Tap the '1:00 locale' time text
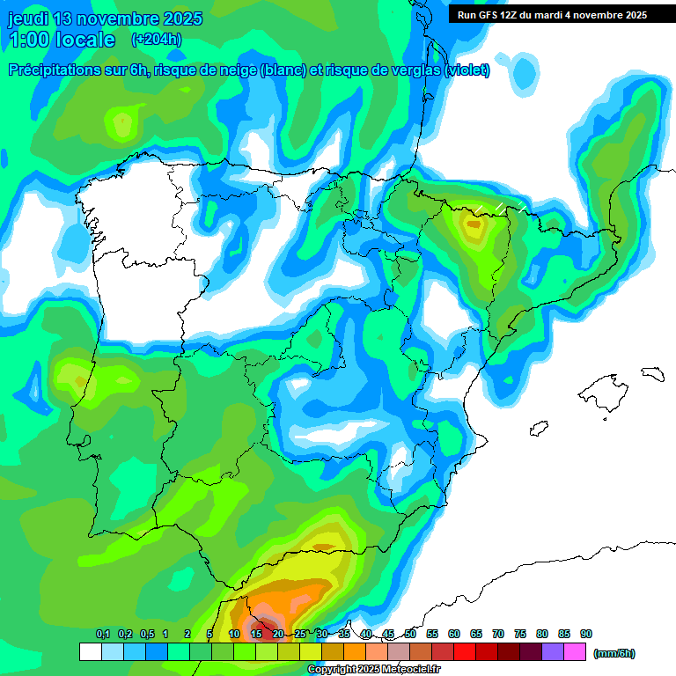pyautogui.click(x=62, y=40)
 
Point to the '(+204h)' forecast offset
pyautogui.click(x=156, y=39)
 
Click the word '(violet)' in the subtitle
pyautogui.click(x=467, y=70)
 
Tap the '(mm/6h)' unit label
pyautogui.click(x=614, y=653)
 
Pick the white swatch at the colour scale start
pyautogui.click(x=90, y=652)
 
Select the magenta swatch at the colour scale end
pyautogui.click(x=575, y=652)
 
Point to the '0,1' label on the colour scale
pyautogui.click(x=103, y=635)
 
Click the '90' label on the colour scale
pyautogui.click(x=586, y=635)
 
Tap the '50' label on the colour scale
pyautogui.click(x=410, y=635)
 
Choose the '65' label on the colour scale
pyautogui.click(x=476, y=635)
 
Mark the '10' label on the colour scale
pyautogui.click(x=234, y=635)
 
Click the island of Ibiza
pyautogui.click(x=540, y=428)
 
